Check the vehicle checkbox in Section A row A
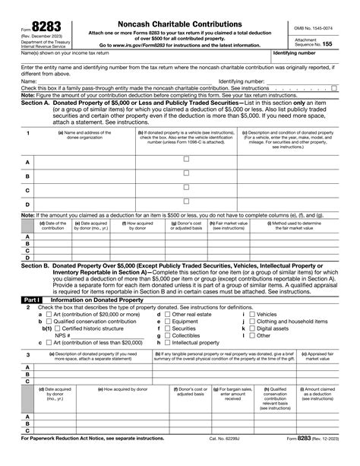coord(187,159)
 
